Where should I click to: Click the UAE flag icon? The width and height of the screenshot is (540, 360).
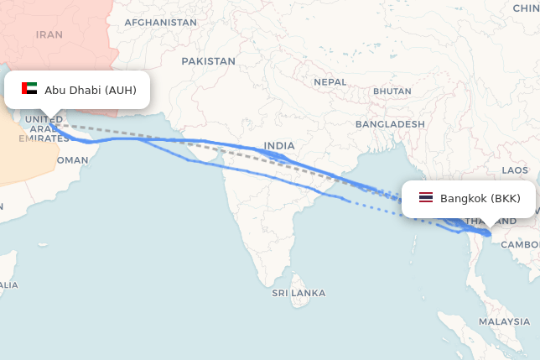(x=29, y=89)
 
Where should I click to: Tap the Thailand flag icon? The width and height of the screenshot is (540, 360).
(x=426, y=199)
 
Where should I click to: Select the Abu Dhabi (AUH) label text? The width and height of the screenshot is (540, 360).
(x=91, y=90)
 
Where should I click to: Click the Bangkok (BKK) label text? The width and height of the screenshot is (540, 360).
(x=480, y=199)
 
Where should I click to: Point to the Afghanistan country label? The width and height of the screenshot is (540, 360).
(x=160, y=23)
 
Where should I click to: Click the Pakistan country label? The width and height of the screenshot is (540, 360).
(x=209, y=61)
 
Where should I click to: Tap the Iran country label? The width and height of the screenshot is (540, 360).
(x=49, y=35)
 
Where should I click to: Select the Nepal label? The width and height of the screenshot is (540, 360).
(x=330, y=82)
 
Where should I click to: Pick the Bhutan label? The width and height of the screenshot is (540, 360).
(x=392, y=91)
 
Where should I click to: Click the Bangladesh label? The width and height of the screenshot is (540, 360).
(x=390, y=124)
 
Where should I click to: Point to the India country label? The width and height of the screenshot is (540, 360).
(x=279, y=146)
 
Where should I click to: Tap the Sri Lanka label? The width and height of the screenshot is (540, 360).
(x=299, y=293)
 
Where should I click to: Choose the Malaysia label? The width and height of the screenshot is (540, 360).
(x=504, y=321)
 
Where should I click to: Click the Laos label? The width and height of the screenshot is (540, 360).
(x=515, y=170)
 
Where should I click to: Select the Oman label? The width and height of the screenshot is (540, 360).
(x=72, y=159)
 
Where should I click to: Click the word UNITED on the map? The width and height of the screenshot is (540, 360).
(x=43, y=119)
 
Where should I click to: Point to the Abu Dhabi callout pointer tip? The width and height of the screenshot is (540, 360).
(x=49, y=118)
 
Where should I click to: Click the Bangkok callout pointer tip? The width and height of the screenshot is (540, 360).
(x=486, y=227)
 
